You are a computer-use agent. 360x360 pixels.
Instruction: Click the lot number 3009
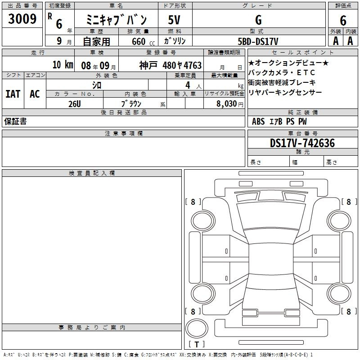pyautogui.click(x=22, y=18)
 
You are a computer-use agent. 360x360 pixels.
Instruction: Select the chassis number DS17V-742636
pyautogui.click(x=302, y=143)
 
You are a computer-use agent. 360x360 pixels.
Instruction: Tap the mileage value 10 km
pyautogui.click(x=63, y=65)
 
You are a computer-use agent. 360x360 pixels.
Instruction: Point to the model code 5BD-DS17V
pyautogui.click(x=258, y=41)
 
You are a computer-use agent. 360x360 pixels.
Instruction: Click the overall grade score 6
pyautogui.click(x=343, y=21)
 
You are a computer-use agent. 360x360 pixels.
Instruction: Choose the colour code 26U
pyautogui.click(x=75, y=104)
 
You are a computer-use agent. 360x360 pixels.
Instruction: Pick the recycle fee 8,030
pyautogui.click(x=227, y=104)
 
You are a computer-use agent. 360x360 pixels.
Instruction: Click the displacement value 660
pyautogui.click(x=139, y=41)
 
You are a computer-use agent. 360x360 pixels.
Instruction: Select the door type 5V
pyautogui.click(x=174, y=20)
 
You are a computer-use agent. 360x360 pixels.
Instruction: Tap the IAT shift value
pyautogui.click(x=13, y=94)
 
